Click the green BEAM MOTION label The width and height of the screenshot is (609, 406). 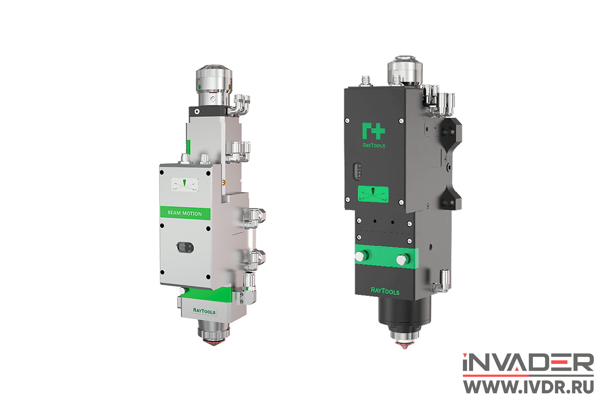point(185,213)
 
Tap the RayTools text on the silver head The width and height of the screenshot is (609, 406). point(204,311)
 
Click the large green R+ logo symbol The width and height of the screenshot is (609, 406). point(373,131)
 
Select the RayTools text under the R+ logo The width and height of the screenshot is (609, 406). point(374,145)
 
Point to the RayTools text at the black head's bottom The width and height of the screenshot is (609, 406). point(385,291)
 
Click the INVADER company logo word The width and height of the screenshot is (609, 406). point(528,362)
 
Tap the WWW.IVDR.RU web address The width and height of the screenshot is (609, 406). point(529,387)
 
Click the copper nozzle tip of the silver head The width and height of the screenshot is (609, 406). point(214,342)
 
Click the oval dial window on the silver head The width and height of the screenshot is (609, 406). point(185,247)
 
